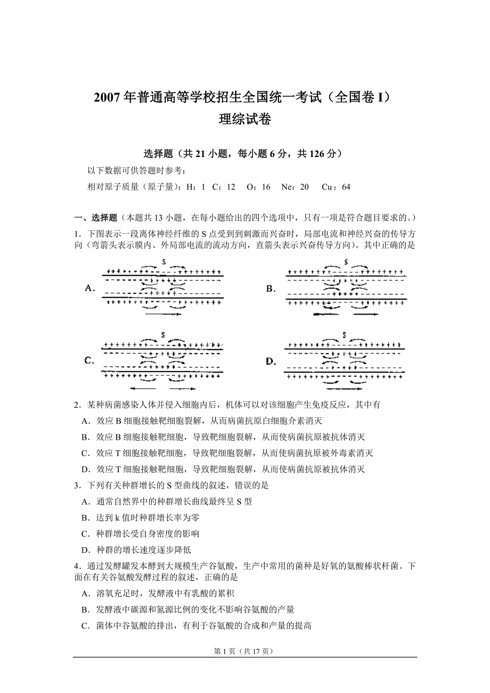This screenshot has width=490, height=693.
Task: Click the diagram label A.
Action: pyautogui.click(x=90, y=288)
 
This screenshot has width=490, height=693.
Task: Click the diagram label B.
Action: pyautogui.click(x=271, y=288)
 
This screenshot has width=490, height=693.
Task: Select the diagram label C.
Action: pyautogui.click(x=89, y=360)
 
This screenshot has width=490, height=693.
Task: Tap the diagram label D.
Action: pyautogui.click(x=271, y=361)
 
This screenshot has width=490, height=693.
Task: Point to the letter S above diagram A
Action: pyautogui.click(x=165, y=262)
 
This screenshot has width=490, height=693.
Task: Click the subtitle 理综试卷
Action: pyautogui.click(x=245, y=119)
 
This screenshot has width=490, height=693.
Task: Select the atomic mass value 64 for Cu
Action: pyautogui.click(x=346, y=187)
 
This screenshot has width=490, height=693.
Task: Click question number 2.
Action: pyautogui.click(x=77, y=405)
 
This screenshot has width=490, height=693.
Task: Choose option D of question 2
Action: pyautogui.click(x=85, y=469)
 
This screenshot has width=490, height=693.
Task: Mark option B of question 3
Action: pyautogui.click(x=85, y=517)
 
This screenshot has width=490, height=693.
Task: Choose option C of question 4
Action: pyautogui.click(x=85, y=625)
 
